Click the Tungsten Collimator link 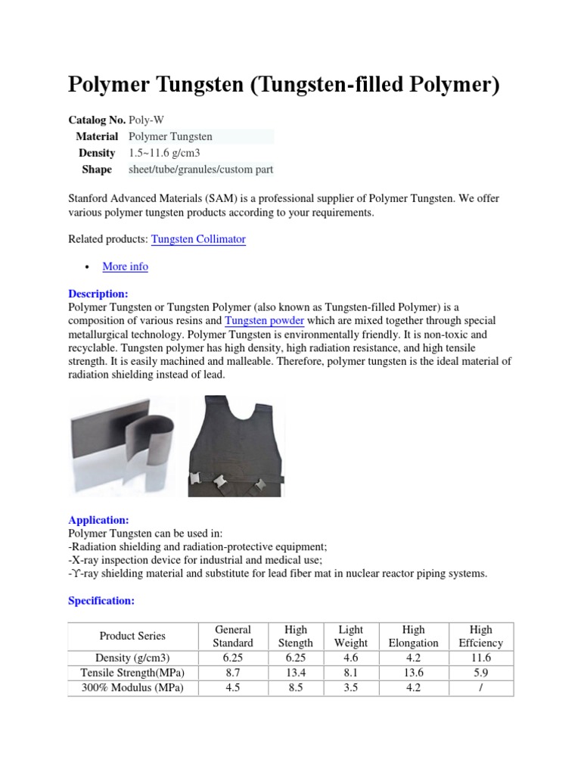pos(198,239)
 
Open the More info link pos(125,266)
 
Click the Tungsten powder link pos(265,321)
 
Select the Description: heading pos(98,294)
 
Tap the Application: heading pos(98,520)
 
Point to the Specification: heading pos(101,600)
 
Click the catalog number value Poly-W pos(145,120)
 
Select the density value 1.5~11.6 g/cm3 pos(164,153)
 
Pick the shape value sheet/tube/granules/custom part pos(200,170)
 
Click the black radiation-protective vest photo pos(236,447)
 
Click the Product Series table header pos(132,636)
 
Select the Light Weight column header pos(350,636)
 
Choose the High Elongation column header pos(413,636)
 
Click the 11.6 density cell pos(480,657)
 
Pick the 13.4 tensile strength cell pos(296,672)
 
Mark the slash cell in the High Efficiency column pos(480,688)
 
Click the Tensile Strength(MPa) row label pos(132,672)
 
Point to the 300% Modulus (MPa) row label pos(132,688)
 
